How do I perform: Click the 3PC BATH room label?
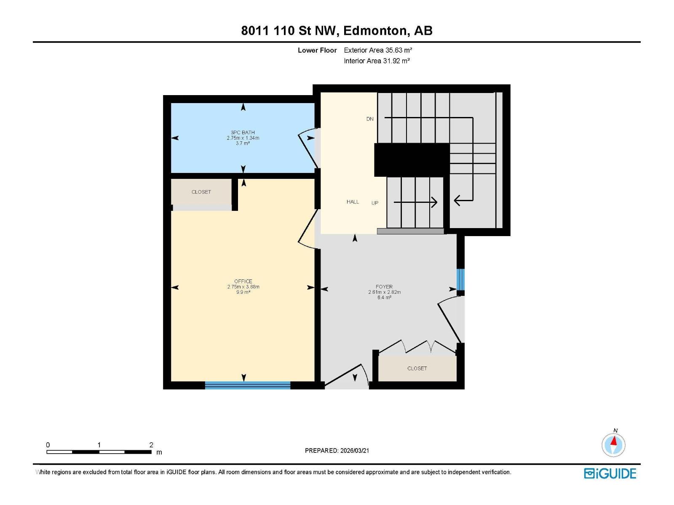point(243,133)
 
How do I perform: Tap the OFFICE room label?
point(243,282)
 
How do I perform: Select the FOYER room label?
point(384,287)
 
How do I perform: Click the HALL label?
point(353,202)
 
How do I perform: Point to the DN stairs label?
point(370,119)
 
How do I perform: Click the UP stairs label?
point(374,203)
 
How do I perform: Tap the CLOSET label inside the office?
point(201,192)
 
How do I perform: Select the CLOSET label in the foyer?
point(417,368)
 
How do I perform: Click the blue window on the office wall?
point(248,385)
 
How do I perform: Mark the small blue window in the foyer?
point(460,279)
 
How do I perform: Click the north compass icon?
point(613,444)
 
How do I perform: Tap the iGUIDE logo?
point(610,473)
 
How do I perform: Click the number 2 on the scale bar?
point(151,445)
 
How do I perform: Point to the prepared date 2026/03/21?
point(354,451)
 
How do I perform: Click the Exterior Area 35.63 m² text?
point(378,50)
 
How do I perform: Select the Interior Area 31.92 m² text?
point(377,61)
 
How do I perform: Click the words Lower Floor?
point(317,50)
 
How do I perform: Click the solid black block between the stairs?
point(412,159)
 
